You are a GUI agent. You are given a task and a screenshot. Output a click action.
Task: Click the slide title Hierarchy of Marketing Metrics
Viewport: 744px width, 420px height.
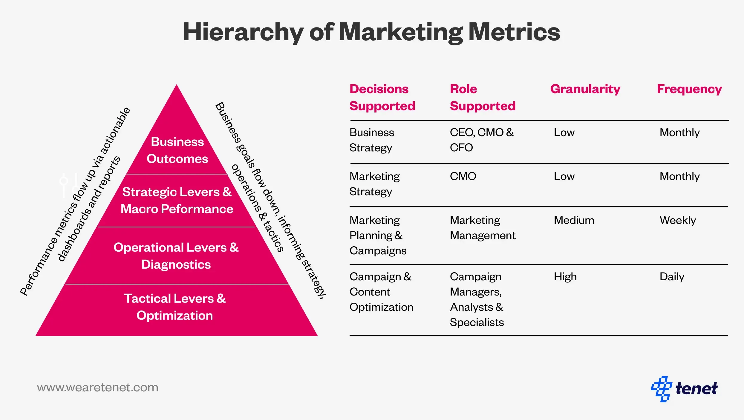(371, 32)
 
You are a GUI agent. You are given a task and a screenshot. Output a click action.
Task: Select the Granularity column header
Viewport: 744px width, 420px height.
(585, 89)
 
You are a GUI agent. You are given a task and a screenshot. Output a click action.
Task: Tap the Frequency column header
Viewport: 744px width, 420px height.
(689, 89)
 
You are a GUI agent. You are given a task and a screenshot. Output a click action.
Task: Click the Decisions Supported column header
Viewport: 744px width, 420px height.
(382, 97)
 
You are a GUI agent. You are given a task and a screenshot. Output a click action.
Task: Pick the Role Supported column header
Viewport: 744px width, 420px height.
(483, 97)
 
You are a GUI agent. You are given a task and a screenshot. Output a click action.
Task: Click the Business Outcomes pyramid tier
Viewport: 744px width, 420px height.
(177, 150)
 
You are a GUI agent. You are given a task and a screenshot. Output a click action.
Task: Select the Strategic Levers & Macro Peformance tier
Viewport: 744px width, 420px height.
(177, 200)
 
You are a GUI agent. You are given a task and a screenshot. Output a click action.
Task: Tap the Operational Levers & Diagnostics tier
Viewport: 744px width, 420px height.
(176, 256)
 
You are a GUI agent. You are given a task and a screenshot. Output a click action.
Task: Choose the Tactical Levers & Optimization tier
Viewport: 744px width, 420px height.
(175, 307)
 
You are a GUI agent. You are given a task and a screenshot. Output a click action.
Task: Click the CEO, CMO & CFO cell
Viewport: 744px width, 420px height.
(482, 140)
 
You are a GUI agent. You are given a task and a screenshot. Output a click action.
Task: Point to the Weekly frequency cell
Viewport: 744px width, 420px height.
(678, 220)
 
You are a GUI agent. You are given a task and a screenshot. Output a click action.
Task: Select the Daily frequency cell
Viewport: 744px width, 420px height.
(672, 277)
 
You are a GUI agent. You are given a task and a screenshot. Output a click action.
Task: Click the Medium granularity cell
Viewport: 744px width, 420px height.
(574, 220)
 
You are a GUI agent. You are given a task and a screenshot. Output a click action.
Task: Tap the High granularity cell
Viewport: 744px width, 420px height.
(565, 277)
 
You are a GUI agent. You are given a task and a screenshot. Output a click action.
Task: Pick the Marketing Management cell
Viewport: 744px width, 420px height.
(483, 228)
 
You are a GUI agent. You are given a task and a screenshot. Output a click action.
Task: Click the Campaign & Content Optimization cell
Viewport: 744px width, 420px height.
(381, 292)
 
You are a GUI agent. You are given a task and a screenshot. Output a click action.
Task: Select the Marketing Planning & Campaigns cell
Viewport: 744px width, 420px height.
(378, 236)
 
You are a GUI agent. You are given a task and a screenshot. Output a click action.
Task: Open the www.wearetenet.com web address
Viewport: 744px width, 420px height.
(98, 387)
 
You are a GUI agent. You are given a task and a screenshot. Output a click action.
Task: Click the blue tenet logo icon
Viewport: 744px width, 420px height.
(662, 389)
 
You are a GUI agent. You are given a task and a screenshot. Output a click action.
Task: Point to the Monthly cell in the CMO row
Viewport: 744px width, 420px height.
(679, 176)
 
